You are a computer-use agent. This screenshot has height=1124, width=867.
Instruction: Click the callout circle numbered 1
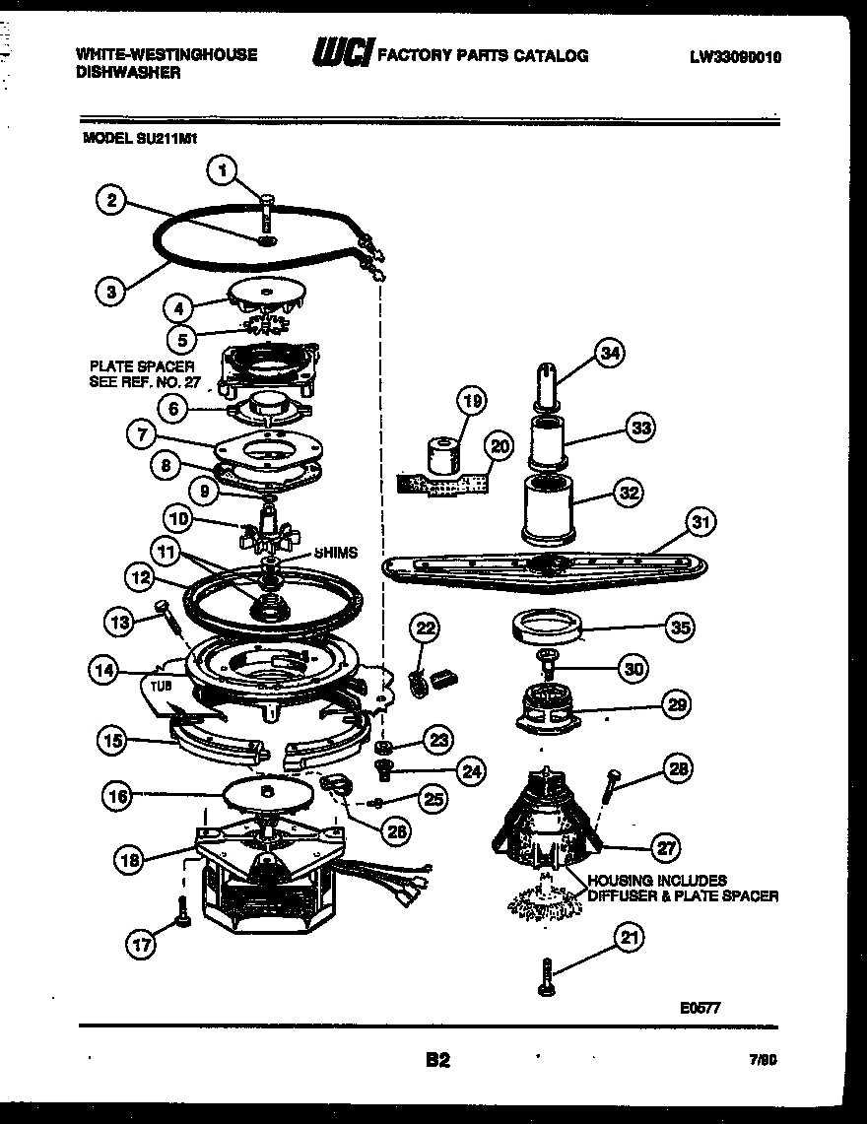[223, 170]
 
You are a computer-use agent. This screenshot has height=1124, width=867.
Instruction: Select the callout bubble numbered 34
[611, 353]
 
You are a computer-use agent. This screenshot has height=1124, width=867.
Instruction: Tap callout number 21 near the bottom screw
[627, 938]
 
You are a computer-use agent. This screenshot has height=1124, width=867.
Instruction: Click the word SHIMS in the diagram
[337, 554]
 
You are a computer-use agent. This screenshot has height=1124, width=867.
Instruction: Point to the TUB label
[160, 682]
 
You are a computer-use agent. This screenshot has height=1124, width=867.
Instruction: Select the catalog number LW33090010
[735, 57]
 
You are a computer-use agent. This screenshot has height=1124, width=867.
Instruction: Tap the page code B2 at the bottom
[437, 1061]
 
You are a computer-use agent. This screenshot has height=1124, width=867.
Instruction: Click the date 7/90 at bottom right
[763, 1062]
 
